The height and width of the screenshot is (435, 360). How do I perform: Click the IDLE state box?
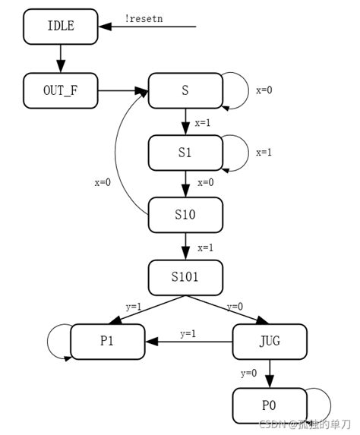coord(61,27)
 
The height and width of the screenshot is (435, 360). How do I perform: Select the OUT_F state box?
coord(61,91)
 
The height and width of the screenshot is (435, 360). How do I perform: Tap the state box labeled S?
coord(185,91)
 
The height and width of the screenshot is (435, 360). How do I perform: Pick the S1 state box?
coord(185,153)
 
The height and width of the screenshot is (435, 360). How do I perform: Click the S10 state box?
coord(185,215)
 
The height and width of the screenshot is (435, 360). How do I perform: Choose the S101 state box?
coord(185,278)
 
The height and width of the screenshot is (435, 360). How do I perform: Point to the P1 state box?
coord(107,342)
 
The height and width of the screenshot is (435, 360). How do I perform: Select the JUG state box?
coord(269,342)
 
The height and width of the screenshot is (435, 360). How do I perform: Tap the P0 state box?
coord(269,405)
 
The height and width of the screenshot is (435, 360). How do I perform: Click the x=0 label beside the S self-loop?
coord(264,90)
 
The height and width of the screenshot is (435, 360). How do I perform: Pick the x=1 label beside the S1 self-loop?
coord(264,152)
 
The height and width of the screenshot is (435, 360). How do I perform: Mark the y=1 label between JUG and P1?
coord(188,333)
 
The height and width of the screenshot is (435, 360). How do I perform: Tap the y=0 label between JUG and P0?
coord(248,373)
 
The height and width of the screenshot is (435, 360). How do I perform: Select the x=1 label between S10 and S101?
coord(205,247)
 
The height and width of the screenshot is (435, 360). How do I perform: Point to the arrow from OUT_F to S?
coord(123,91)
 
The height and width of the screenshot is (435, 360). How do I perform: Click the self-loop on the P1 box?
coord(56,341)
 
